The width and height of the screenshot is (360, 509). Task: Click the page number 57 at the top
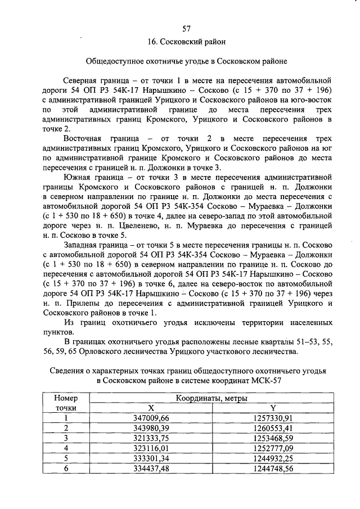[x=187, y=29]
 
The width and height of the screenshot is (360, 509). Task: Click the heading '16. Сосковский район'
[x=187, y=42]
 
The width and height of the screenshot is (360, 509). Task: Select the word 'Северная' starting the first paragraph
[x=81, y=80]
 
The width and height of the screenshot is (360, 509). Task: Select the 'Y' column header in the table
[x=273, y=407]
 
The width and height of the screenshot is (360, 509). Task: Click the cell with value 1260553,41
[x=273, y=427]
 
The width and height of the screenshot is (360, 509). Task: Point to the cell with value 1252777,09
[x=273, y=448]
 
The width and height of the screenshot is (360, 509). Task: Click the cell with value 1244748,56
[x=273, y=468]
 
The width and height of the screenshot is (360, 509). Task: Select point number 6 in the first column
[x=66, y=468]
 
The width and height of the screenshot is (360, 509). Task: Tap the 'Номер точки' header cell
[x=66, y=402]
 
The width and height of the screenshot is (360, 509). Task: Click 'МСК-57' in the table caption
[x=267, y=381]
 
